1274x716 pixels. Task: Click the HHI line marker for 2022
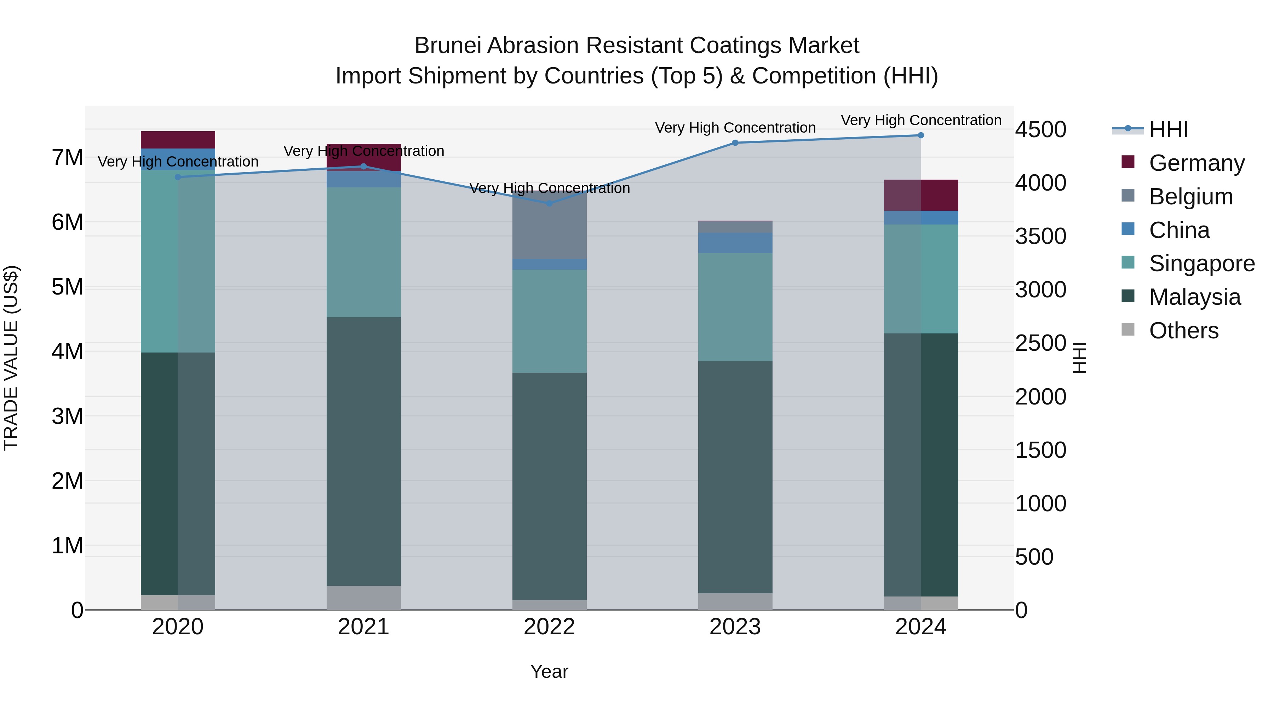click(550, 203)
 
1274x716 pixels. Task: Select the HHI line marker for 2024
click(921, 135)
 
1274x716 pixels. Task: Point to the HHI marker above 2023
click(735, 143)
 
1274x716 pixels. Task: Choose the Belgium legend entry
click(1190, 197)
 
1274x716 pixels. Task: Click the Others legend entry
click(1183, 331)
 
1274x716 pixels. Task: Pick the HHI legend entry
click(1168, 129)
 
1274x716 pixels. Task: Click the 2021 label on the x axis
click(363, 627)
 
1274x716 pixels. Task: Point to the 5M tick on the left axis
click(67, 287)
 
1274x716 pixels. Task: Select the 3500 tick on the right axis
click(1040, 236)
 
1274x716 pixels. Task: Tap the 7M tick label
click(67, 158)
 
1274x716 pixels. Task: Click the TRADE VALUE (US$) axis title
click(11, 358)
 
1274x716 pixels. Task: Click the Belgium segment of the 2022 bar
click(550, 225)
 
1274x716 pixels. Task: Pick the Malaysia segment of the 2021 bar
click(363, 451)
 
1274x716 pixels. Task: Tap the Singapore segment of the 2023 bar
click(735, 307)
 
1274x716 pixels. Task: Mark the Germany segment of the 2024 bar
click(921, 195)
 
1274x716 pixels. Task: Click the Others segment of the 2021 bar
click(363, 598)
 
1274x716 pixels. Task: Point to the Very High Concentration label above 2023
click(735, 128)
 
